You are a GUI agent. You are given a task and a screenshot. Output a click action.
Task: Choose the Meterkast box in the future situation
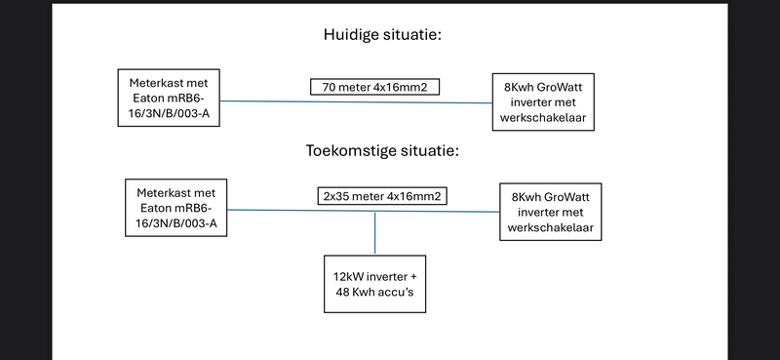(176, 206)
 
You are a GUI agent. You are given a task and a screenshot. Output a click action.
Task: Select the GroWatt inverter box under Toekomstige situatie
(548, 211)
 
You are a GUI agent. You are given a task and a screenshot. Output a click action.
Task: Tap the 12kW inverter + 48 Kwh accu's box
(375, 284)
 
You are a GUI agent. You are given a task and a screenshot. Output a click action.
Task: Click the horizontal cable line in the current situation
(292, 100)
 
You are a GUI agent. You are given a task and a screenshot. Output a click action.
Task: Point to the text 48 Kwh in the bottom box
(355, 292)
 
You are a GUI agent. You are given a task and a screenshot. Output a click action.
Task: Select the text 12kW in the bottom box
(350, 276)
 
